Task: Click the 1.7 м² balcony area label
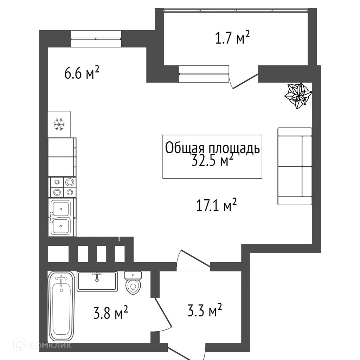232,38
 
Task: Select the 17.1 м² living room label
216,205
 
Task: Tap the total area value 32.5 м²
212,161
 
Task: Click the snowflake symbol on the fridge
59,124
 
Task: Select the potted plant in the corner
298,95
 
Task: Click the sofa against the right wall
295,166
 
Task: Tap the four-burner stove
62,187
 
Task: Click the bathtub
61,306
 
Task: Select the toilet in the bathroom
133,282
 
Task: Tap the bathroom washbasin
97,281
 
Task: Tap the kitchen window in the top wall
96,39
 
